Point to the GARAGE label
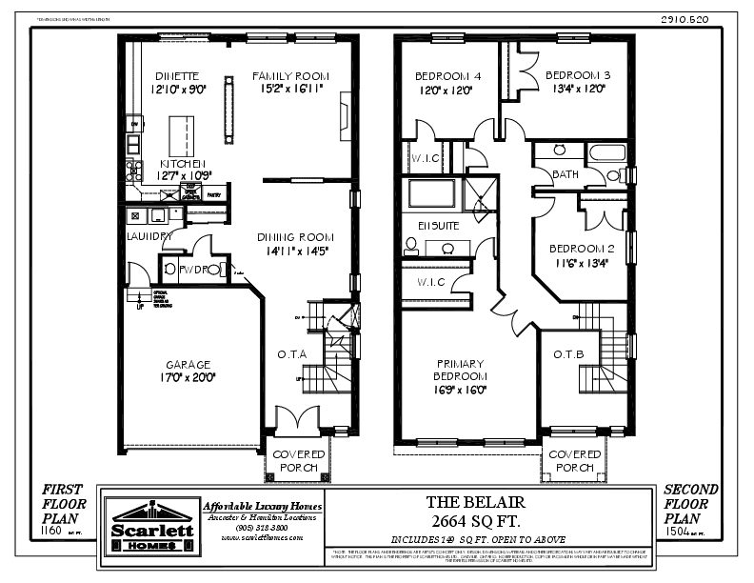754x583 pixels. pyautogui.click(x=188, y=364)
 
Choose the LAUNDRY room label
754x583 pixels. pyautogui.click(x=149, y=235)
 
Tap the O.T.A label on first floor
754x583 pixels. pyautogui.click(x=292, y=354)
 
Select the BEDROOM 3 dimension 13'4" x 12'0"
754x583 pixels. pyautogui.click(x=578, y=89)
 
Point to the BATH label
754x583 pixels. pyautogui.click(x=566, y=174)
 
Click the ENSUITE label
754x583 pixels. pyautogui.click(x=439, y=226)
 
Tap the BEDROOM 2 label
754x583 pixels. pyautogui.click(x=582, y=249)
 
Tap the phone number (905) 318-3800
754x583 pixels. pyautogui.click(x=263, y=527)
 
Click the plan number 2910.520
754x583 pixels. pyautogui.click(x=678, y=19)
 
